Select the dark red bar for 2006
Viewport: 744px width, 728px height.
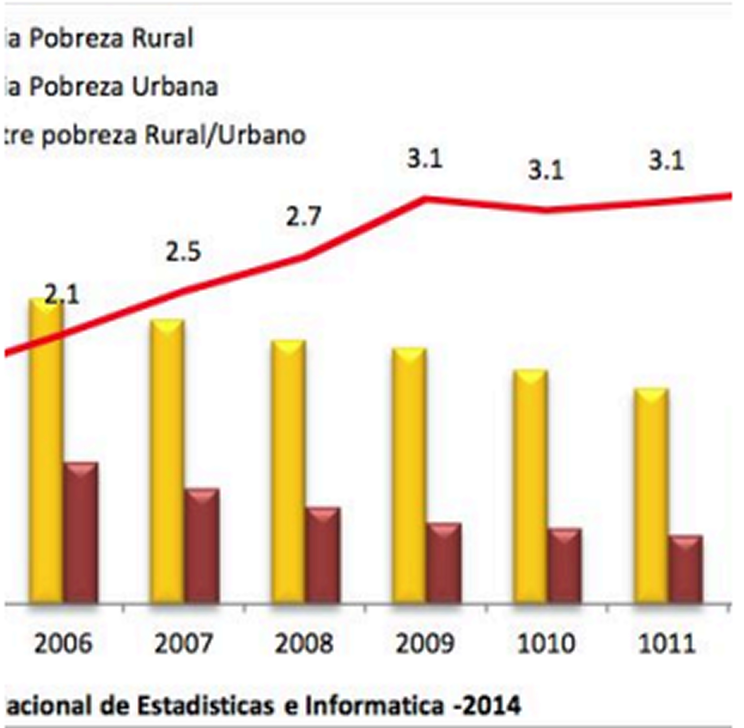pos(81,534)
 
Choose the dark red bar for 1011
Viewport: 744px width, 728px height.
pos(686,570)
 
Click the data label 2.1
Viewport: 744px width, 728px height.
pos(62,295)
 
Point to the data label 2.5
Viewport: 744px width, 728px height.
pos(183,252)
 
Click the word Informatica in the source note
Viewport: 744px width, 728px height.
pos(374,706)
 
